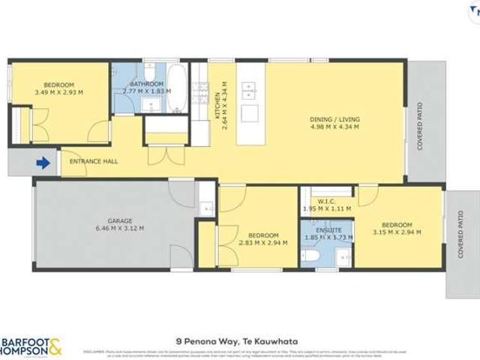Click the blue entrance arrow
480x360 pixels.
coord(44,162)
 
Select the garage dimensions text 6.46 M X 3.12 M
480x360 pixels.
coord(119,228)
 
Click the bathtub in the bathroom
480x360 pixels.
coord(178,88)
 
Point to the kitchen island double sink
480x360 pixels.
coord(248,91)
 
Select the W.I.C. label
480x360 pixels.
coord(327,200)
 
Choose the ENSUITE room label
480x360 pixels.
coord(328,229)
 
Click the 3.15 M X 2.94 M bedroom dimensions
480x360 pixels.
coord(397,232)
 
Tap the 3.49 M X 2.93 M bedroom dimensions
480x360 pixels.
coord(58,92)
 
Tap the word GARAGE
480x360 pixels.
coord(119,220)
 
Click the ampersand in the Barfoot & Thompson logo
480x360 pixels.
coord(56,346)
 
